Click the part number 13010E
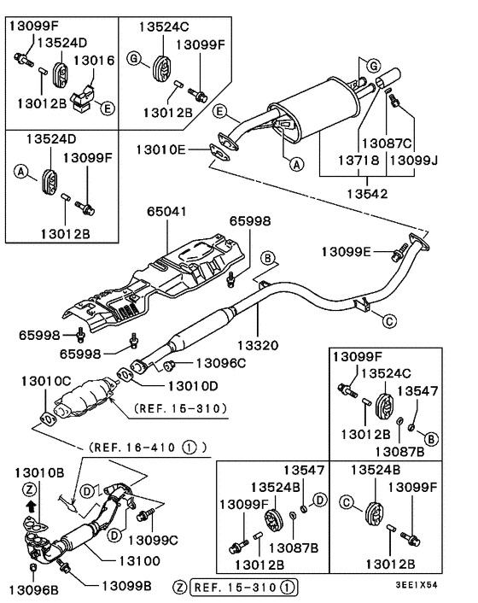pyautogui.click(x=160, y=150)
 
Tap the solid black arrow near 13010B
pyautogui.click(x=32, y=505)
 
